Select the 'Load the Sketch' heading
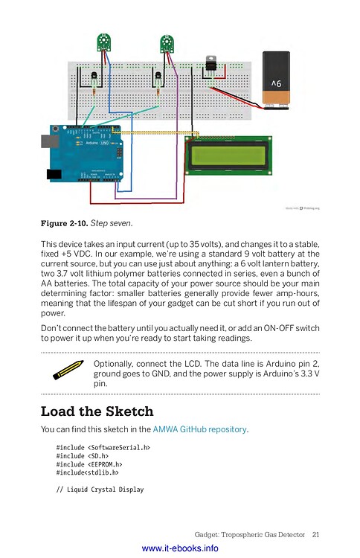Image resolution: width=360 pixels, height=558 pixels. (x=97, y=411)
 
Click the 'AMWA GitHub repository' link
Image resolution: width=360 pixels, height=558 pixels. (x=199, y=429)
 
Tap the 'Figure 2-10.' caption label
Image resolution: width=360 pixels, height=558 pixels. (x=64, y=222)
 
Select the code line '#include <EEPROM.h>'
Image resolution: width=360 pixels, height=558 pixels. (x=89, y=464)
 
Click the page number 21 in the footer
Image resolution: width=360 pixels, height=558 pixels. (x=316, y=533)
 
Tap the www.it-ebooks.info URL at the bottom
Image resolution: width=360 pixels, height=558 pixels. (x=180, y=548)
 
